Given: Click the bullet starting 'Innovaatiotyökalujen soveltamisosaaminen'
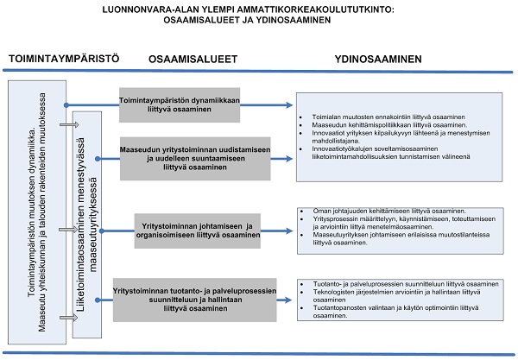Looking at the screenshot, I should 388,152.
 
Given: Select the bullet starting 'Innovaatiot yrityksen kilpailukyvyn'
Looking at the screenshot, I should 388,136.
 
